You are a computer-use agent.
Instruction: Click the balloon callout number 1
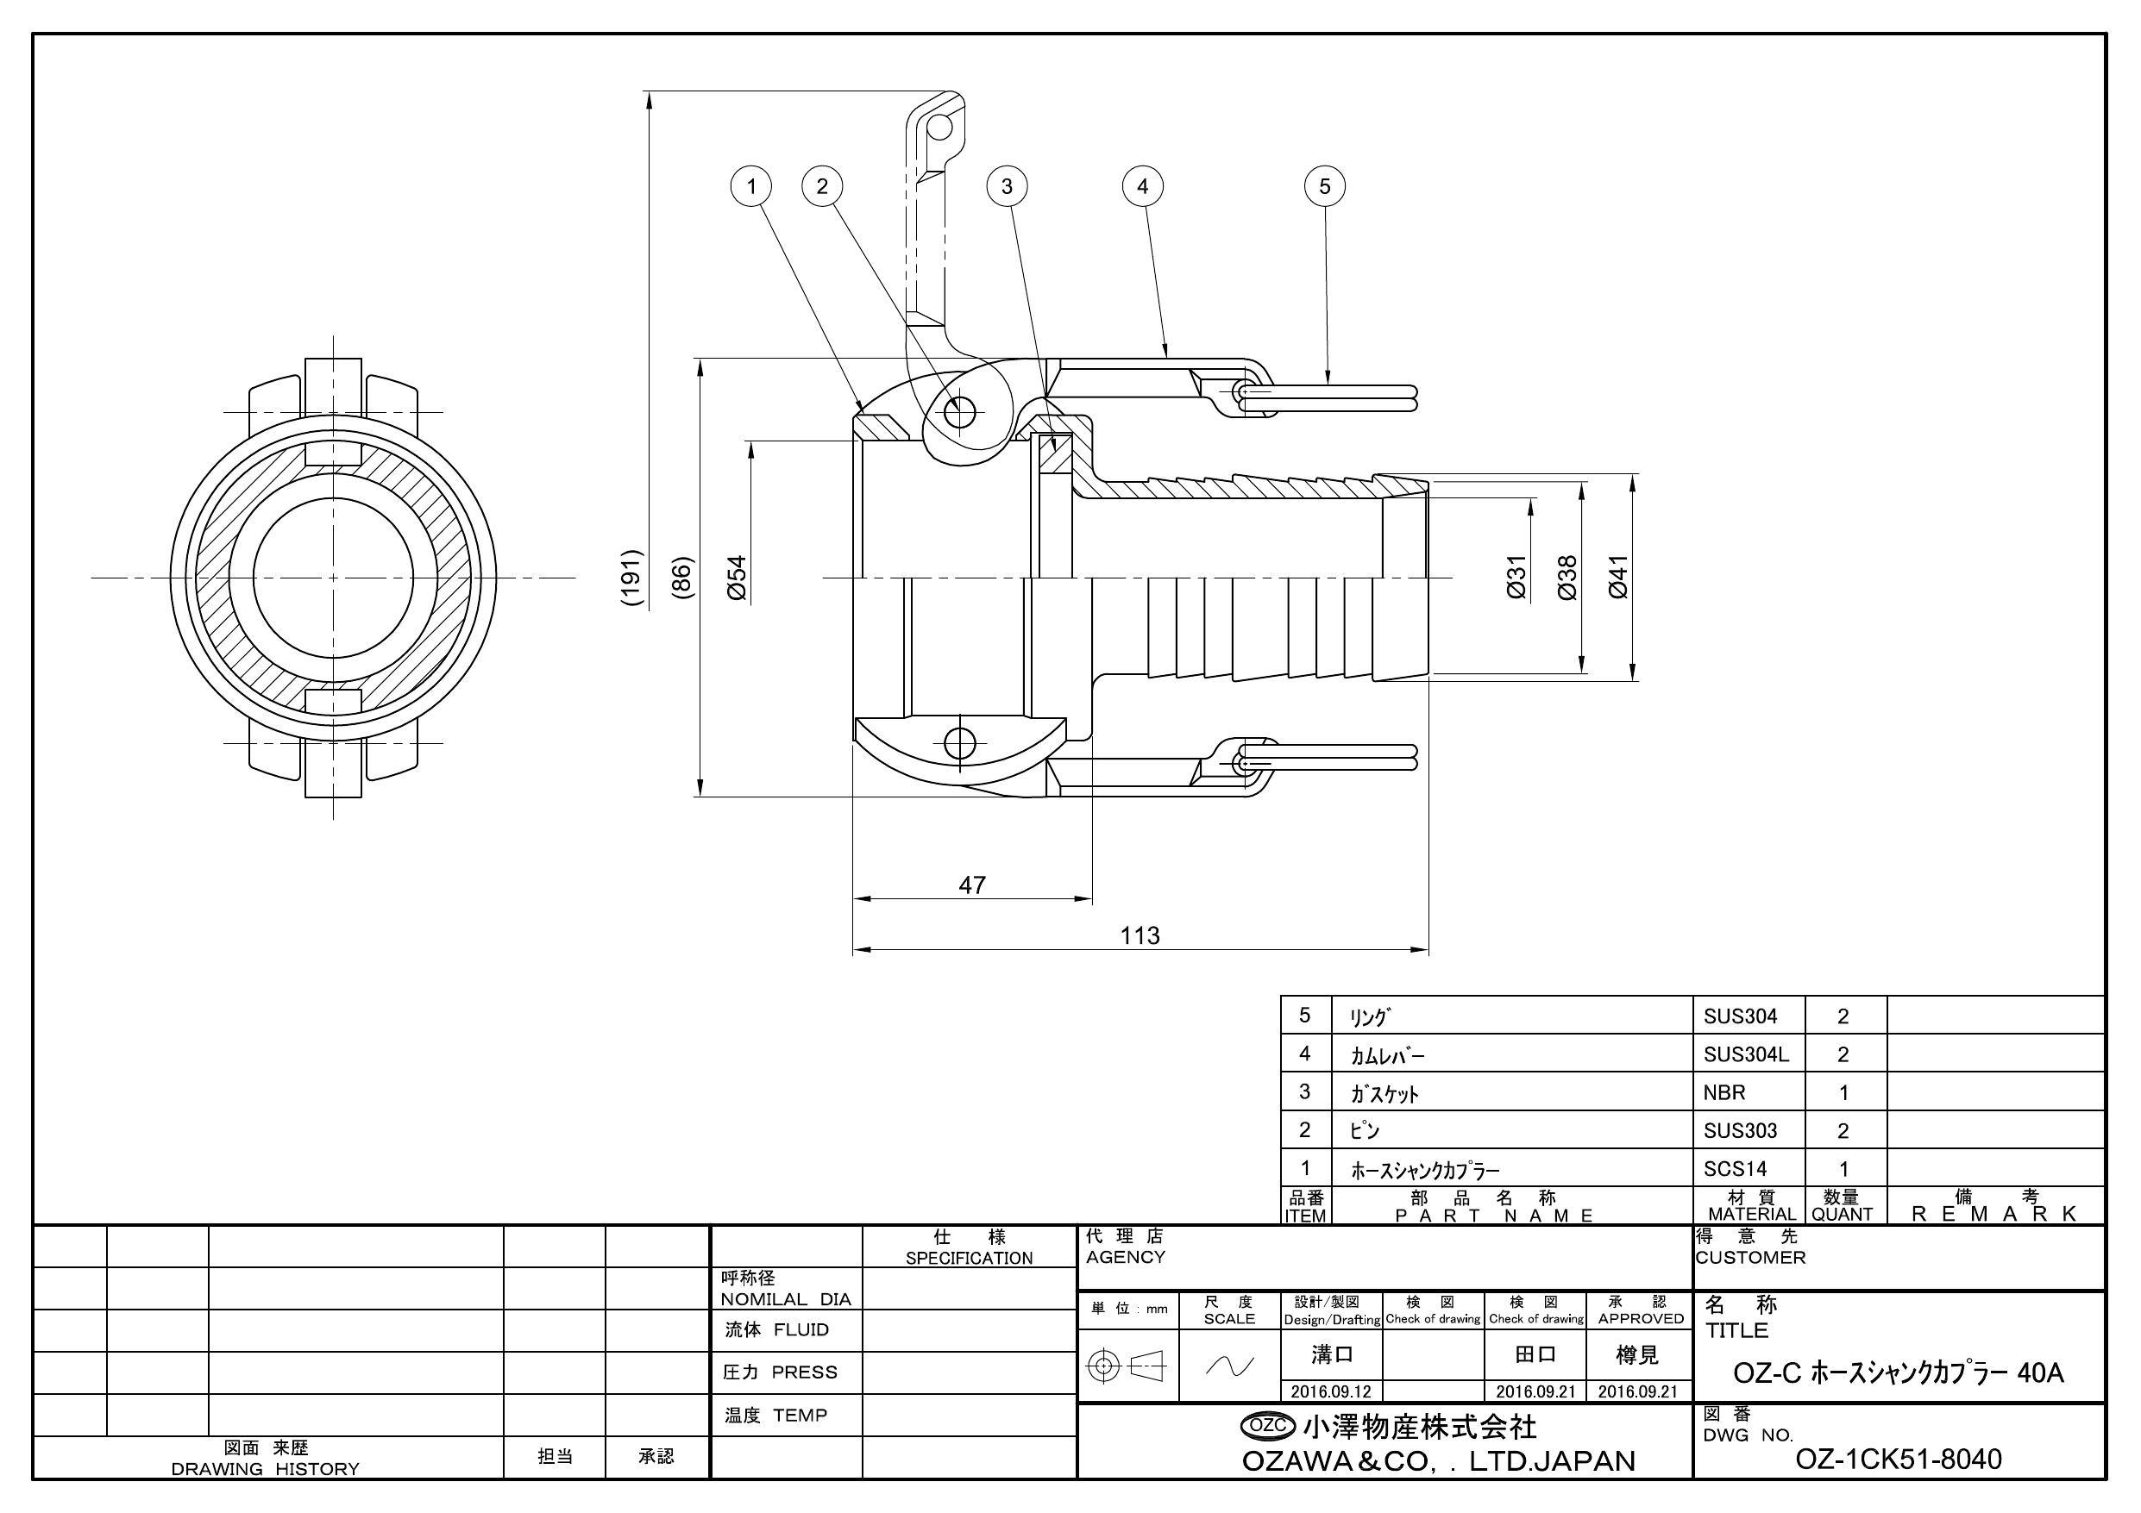(x=751, y=186)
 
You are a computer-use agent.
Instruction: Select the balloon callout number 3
(x=1006, y=186)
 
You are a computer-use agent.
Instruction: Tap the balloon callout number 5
(x=1324, y=186)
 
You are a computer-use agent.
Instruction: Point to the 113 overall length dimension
(x=1140, y=935)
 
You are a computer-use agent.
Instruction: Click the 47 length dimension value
(x=971, y=885)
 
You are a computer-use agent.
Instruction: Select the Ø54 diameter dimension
(x=737, y=578)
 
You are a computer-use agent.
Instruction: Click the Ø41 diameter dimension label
(x=1619, y=577)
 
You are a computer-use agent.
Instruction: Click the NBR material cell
(x=1724, y=1091)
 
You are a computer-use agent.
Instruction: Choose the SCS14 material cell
(x=1735, y=1168)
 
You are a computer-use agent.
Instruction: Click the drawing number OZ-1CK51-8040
(x=1898, y=1459)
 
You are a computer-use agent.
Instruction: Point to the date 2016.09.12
(x=1331, y=1391)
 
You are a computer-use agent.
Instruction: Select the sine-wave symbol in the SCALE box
(x=1229, y=1366)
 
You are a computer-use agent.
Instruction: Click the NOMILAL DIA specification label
(x=785, y=1298)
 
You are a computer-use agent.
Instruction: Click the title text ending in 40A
(x=1898, y=1373)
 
